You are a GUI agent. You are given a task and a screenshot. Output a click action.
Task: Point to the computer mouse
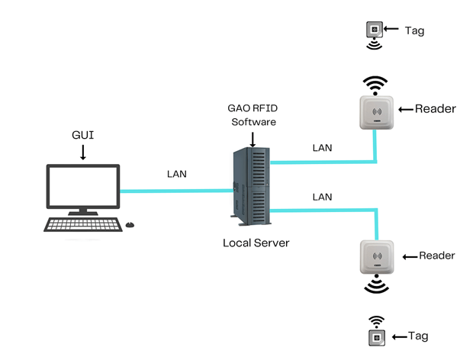(x=130, y=224)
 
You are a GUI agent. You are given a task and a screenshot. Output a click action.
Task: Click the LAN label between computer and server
(x=177, y=174)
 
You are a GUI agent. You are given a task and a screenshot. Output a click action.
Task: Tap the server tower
(x=251, y=187)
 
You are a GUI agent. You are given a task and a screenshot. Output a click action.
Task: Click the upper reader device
(x=375, y=112)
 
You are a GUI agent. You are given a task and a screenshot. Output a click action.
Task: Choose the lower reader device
(x=375, y=256)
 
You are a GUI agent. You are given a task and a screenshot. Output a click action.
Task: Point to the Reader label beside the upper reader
(x=435, y=109)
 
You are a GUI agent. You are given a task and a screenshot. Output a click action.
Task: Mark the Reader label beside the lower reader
(x=436, y=256)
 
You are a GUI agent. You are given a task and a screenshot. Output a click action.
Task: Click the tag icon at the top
(x=374, y=30)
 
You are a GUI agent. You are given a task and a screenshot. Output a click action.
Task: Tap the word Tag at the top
(x=414, y=31)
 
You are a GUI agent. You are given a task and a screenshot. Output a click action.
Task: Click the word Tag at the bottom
(x=418, y=336)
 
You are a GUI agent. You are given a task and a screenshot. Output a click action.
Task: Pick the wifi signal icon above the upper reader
(x=375, y=82)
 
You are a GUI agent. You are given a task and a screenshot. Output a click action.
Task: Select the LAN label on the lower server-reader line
(x=323, y=197)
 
